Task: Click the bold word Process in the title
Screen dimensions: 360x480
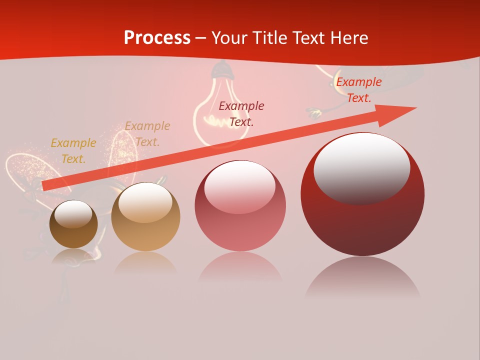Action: [157, 38]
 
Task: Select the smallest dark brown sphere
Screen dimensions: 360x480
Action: [73, 224]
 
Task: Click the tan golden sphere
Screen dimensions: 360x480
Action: [145, 217]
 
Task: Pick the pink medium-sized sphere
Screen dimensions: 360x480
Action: [240, 206]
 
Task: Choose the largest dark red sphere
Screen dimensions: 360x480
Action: [362, 194]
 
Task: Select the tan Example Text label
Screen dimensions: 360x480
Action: [147, 134]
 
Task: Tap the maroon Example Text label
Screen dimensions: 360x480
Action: [241, 113]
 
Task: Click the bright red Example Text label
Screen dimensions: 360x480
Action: [358, 90]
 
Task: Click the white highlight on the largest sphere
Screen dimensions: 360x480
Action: [361, 169]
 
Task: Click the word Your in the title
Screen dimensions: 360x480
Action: [229, 38]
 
